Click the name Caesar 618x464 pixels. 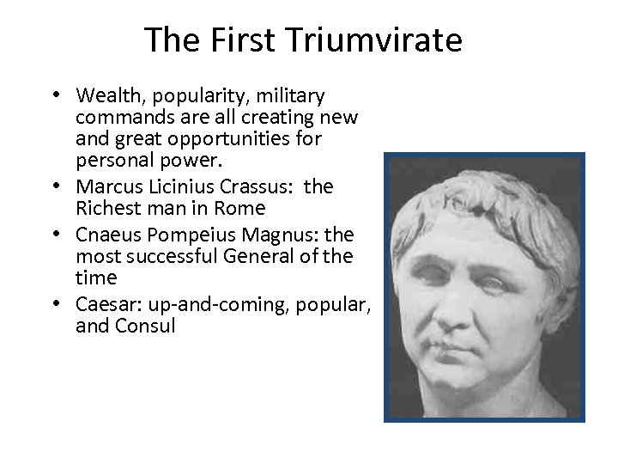pyautogui.click(x=103, y=303)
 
